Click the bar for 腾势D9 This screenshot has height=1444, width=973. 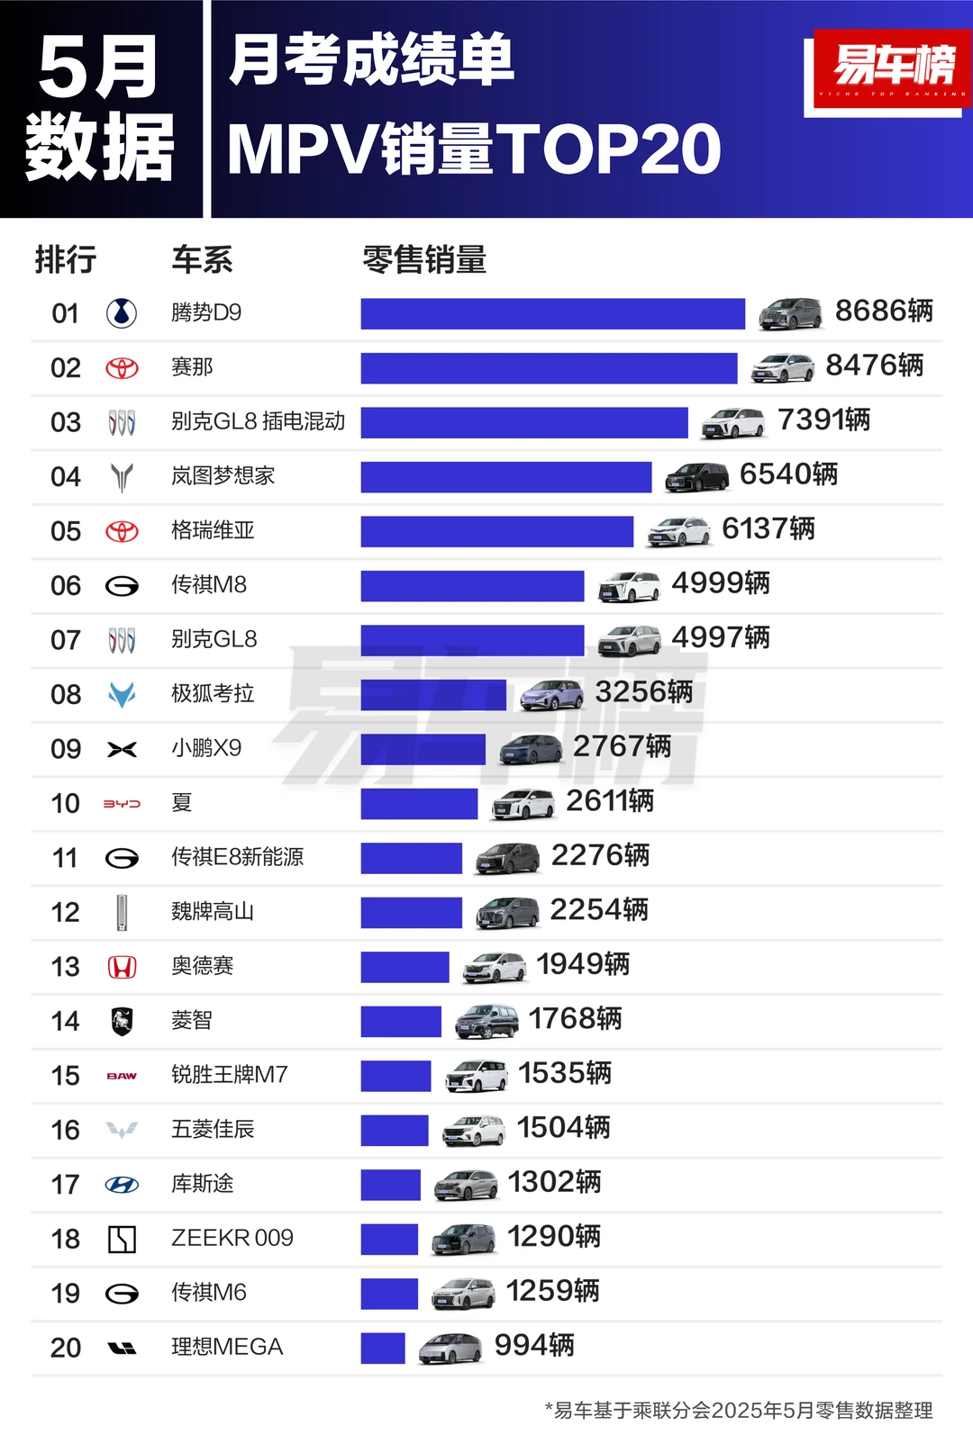point(552,313)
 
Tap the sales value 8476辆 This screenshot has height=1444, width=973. point(874,366)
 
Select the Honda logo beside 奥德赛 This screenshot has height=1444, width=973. point(122,967)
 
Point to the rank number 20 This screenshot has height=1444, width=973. point(66,1348)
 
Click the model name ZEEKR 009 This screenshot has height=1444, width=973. point(232,1238)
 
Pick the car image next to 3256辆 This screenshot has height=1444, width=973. point(551,694)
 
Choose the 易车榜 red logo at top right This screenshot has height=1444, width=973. point(892,67)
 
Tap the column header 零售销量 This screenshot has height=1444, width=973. point(424,260)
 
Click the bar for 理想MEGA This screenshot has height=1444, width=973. point(383,1348)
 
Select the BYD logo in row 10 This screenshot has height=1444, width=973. point(122,803)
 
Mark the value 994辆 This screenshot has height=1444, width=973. point(533,1346)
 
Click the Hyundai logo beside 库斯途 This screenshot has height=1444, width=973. point(122,1185)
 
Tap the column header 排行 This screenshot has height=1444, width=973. point(65,260)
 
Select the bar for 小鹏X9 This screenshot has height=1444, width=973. point(423,749)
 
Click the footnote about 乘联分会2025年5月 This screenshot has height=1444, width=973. point(739,1410)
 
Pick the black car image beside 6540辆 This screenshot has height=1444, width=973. point(696,477)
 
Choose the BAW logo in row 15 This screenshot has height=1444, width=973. point(122,1076)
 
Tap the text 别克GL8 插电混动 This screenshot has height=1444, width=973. point(258,421)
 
